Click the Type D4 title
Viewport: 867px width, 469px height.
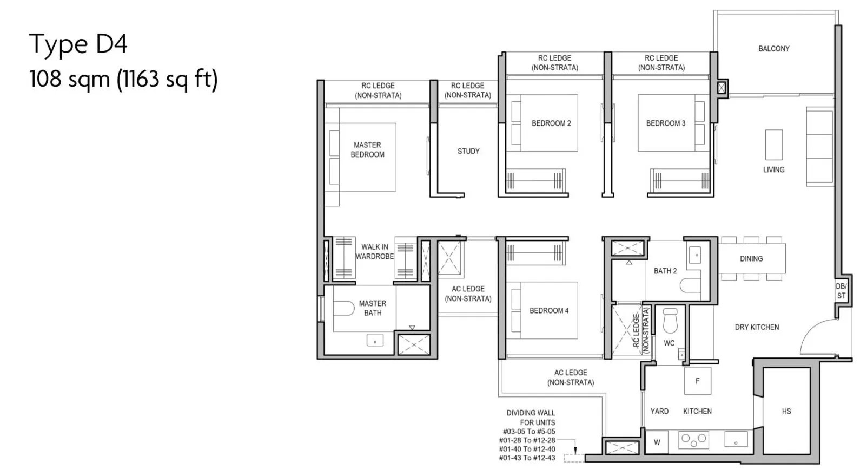click(x=78, y=44)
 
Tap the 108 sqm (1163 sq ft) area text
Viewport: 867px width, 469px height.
click(x=123, y=79)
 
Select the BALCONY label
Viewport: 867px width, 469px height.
click(x=774, y=48)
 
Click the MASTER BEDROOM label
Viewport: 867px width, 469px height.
click(x=367, y=149)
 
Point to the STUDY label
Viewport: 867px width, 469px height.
click(x=468, y=151)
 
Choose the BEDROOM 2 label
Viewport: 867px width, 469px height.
click(x=551, y=123)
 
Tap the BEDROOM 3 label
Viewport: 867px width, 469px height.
click(x=666, y=123)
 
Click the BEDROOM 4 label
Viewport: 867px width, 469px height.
click(x=549, y=310)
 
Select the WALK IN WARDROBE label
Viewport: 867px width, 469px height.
click(x=375, y=251)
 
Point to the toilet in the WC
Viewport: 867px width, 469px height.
click(x=670, y=320)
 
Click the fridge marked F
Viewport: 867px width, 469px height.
click(x=698, y=381)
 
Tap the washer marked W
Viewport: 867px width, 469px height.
click(x=657, y=442)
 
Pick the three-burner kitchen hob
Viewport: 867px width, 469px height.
click(x=693, y=440)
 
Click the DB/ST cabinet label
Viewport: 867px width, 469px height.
click(x=841, y=291)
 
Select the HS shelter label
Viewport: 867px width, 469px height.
click(x=786, y=411)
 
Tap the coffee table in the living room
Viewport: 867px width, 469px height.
click(x=774, y=145)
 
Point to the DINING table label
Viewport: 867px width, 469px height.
click(x=751, y=258)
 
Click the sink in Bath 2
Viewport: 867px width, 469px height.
click(x=695, y=256)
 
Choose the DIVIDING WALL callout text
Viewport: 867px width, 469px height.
click(x=529, y=435)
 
